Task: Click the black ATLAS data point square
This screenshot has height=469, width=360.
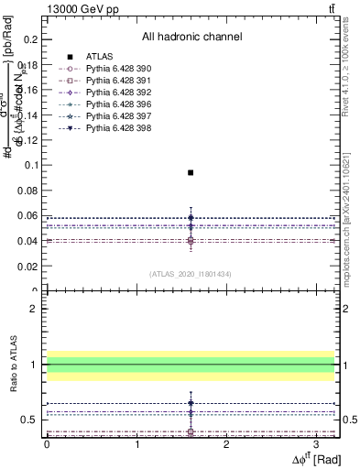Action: (x=191, y=172)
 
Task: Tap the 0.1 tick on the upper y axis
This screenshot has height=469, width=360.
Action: (x=34, y=165)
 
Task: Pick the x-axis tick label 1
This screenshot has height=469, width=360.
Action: (x=136, y=445)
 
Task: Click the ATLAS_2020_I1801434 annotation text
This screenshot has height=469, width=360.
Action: (x=191, y=274)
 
